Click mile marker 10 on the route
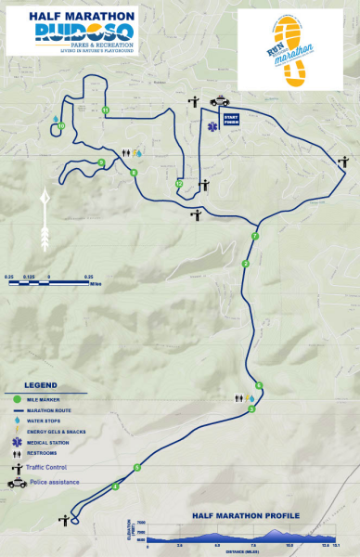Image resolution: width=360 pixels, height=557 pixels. point(60,125)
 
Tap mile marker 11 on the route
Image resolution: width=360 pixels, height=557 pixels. point(106,110)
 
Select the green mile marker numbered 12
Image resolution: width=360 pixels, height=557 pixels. point(178,184)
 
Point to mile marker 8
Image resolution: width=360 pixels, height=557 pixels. point(134,173)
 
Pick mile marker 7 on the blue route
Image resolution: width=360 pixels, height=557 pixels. point(255,238)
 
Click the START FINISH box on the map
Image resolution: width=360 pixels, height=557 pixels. point(232,118)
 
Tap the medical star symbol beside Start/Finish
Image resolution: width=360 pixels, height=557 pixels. point(214,120)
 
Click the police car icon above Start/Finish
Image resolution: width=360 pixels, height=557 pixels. point(223,101)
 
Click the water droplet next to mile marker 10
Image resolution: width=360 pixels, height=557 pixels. point(56,118)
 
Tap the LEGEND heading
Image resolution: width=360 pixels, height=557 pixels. point(41,384)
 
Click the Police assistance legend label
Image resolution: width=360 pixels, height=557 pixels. point(54,483)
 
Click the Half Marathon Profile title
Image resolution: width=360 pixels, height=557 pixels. point(245,515)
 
